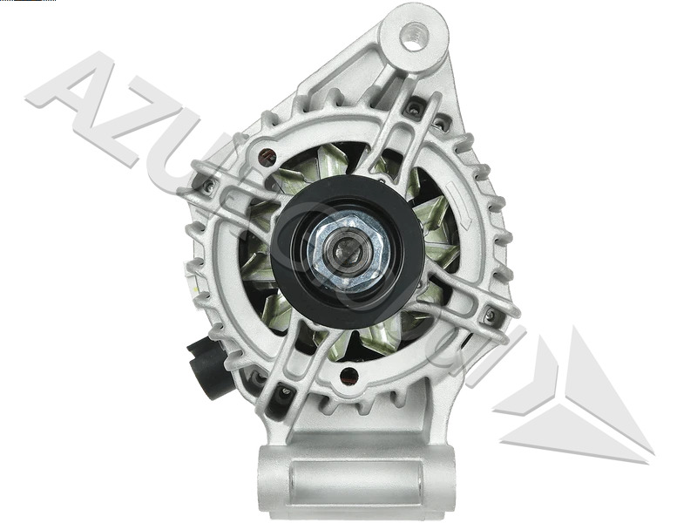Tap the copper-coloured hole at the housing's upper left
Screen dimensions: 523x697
tap(267, 157)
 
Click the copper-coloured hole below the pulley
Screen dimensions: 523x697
tap(348, 377)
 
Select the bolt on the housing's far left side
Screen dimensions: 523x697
tap(208, 186)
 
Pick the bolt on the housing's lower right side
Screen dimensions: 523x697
tap(491, 314)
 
